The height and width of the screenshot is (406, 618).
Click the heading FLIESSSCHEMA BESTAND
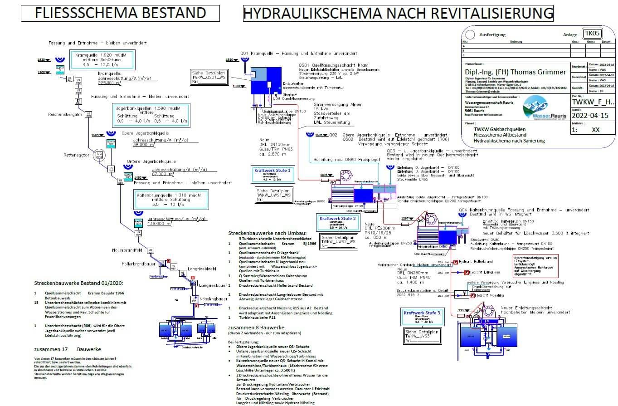click(120, 13)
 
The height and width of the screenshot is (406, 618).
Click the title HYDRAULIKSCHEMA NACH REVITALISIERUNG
click(398, 13)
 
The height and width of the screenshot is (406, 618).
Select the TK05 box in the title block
click(592, 34)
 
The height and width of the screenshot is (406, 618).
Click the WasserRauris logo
click(544, 109)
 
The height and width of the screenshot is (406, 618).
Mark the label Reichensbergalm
click(64, 114)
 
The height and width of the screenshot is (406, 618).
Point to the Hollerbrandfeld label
click(127, 250)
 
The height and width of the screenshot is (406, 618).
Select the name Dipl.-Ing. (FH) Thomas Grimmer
click(515, 72)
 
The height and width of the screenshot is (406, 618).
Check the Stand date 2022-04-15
click(590, 116)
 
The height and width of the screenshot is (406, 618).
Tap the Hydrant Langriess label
click(484, 272)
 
